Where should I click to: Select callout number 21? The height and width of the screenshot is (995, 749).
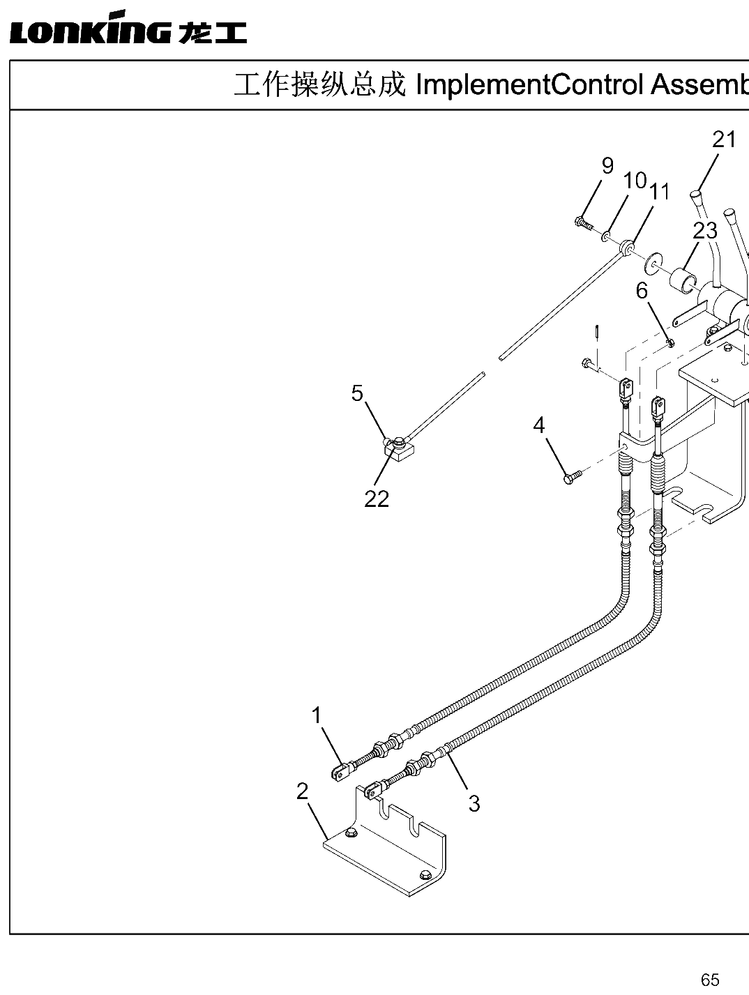[x=724, y=139]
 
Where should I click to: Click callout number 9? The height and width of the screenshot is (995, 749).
[x=607, y=166]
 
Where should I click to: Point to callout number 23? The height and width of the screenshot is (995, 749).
[x=705, y=231]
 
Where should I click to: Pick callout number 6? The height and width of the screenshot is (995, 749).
[x=642, y=291]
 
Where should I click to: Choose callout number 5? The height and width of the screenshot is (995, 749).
[x=357, y=393]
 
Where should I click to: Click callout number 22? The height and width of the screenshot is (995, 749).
[x=377, y=499]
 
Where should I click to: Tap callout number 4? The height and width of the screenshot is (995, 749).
[x=538, y=425]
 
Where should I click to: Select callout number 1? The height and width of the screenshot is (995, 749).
[x=317, y=716]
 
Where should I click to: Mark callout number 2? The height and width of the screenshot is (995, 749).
[x=303, y=791]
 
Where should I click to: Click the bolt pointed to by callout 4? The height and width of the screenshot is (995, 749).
[x=573, y=476]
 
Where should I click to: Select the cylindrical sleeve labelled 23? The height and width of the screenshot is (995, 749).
[x=685, y=284]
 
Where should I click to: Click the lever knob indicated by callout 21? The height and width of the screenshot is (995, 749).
[x=695, y=197]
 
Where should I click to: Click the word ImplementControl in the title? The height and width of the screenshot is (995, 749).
[x=529, y=85]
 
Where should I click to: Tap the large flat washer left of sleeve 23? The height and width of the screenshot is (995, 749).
[x=653, y=260]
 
